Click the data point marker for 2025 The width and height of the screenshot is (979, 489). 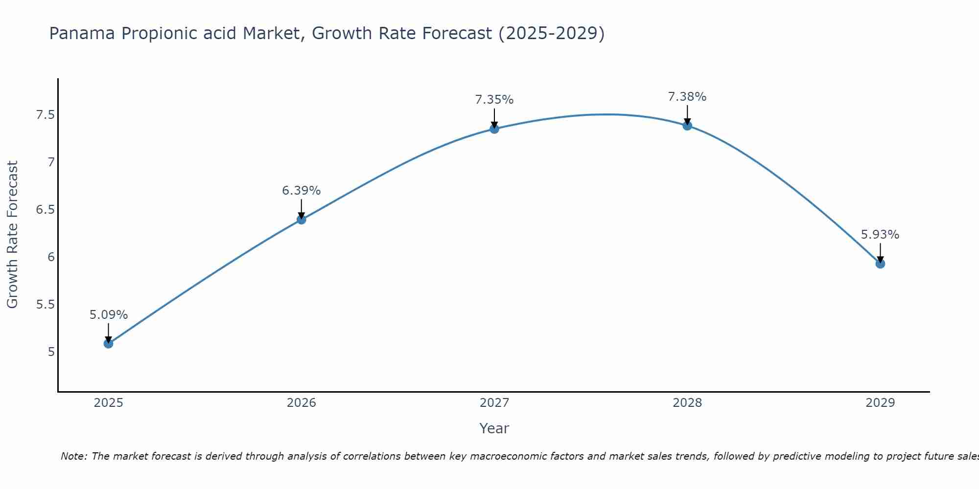pos(108,344)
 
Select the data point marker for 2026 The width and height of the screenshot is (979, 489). pos(302,220)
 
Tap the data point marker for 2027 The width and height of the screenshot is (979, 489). pos(494,129)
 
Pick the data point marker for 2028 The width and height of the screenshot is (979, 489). pos(687,126)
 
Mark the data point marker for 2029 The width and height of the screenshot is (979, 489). pos(880,264)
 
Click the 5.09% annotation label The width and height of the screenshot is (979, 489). pos(108,315)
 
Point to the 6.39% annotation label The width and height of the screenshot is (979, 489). pos(302,191)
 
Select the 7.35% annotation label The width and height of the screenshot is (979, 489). pos(494,100)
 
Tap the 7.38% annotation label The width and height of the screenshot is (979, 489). pos(687,97)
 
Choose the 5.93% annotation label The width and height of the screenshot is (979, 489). pos(880,235)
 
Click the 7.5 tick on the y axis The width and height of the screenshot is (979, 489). pos(45,115)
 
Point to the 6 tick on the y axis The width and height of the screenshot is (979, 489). pos(51,257)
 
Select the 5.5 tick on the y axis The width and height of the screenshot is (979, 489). pos(45,305)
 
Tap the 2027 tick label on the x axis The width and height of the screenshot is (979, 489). pos(494,403)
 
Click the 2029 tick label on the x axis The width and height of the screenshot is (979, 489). pos(880,403)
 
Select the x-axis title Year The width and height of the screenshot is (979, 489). pos(494,428)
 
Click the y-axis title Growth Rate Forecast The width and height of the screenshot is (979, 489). pos(12,235)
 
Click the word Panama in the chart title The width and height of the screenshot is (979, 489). pos(82,33)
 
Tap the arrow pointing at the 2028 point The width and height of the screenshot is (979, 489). pos(687,115)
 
